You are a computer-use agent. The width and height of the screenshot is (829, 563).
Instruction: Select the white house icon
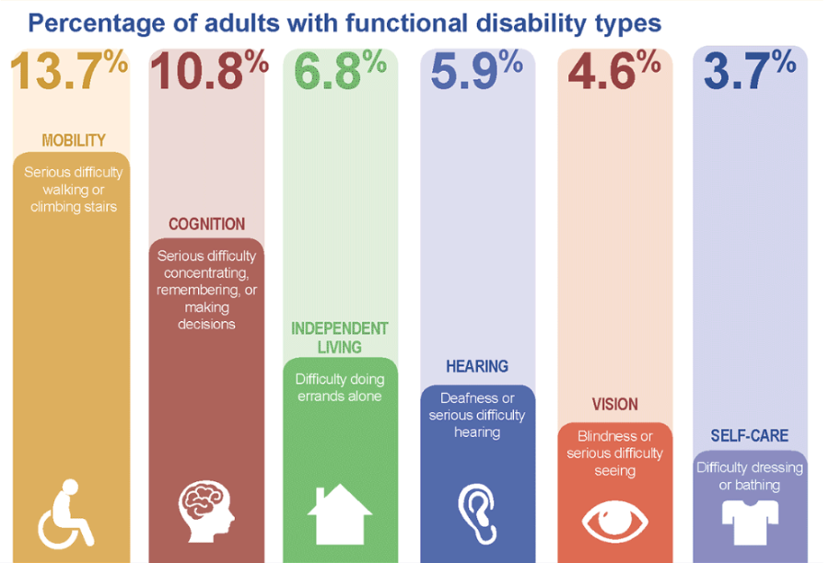point(340,514)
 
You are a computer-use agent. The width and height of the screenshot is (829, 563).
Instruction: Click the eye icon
point(615,519)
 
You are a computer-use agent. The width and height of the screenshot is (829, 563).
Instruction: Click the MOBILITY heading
point(74,141)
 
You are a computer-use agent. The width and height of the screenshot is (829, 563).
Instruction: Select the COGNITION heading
point(206,224)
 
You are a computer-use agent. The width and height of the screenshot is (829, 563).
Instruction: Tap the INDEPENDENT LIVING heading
point(340,338)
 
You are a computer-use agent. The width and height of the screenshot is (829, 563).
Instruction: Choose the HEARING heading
point(477,366)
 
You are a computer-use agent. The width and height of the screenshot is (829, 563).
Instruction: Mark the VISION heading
point(614,405)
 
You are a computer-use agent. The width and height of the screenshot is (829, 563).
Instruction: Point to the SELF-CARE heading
point(750,435)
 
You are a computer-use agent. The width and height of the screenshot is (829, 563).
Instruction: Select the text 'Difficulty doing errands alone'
point(340,387)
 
